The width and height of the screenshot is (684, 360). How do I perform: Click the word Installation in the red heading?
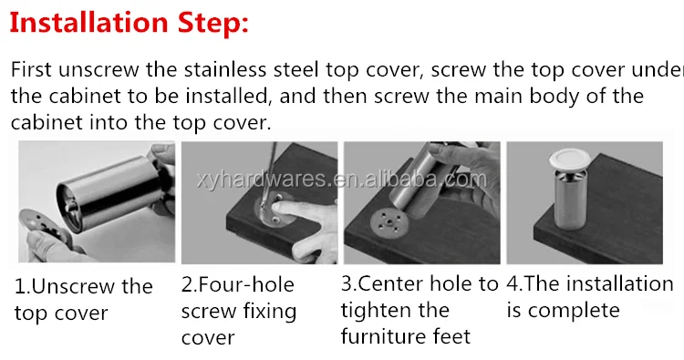tap(88, 22)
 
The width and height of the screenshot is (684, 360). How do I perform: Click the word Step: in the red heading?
tap(213, 24)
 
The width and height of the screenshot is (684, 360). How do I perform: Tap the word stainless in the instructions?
tap(224, 70)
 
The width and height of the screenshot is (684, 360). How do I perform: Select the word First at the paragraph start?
tap(31, 70)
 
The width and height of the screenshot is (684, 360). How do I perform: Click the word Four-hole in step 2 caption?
tap(246, 284)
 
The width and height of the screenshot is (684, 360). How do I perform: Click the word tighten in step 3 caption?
tap(373, 311)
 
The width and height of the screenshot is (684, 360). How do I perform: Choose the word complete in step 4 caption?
tap(574, 311)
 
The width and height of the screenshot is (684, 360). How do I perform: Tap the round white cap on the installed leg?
tap(570, 159)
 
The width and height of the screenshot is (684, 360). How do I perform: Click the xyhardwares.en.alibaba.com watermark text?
tap(342, 180)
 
